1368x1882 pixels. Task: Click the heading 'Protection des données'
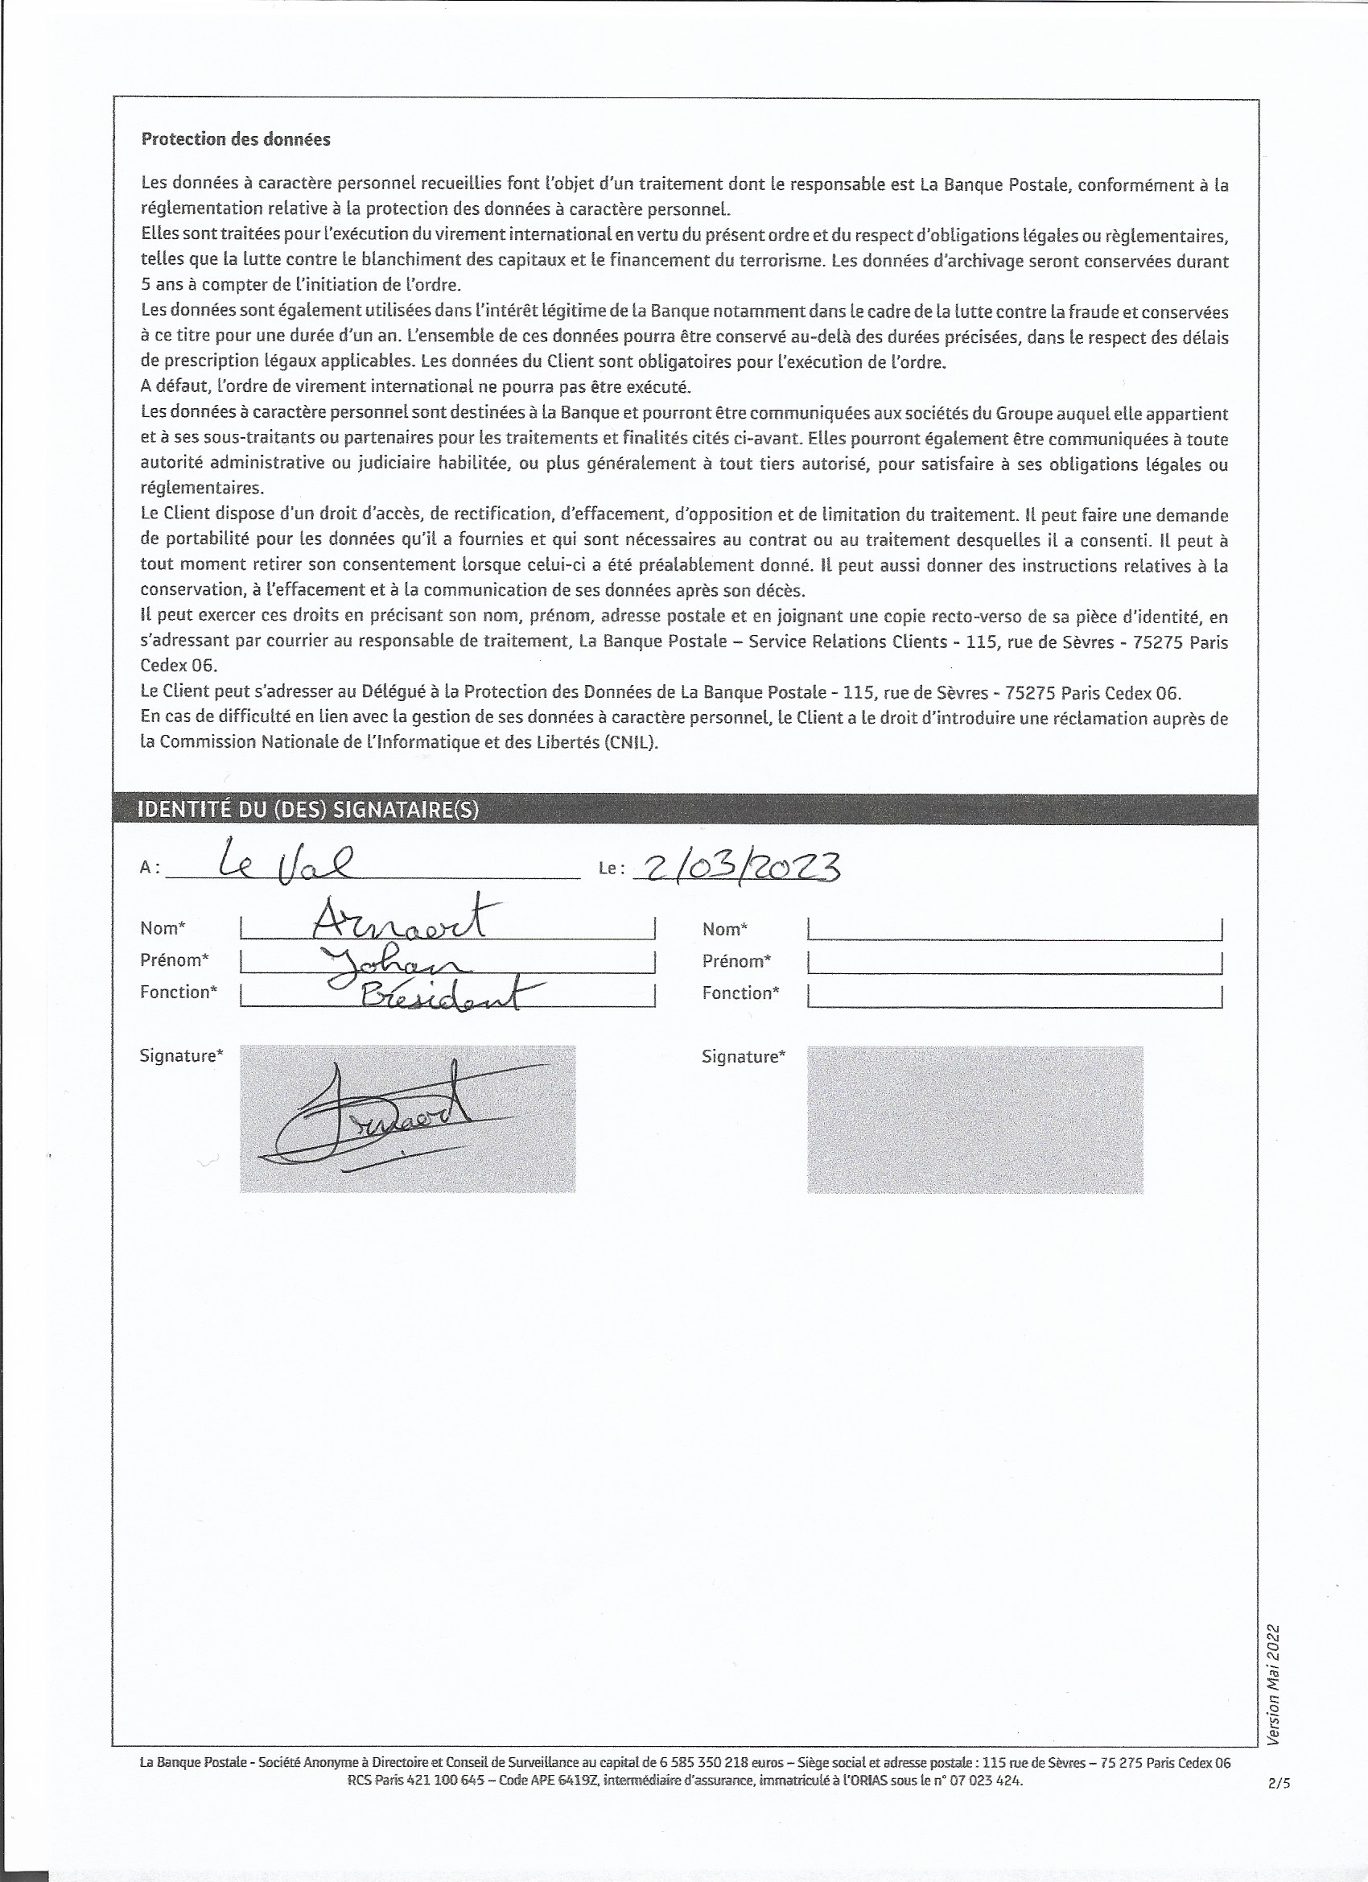(236, 139)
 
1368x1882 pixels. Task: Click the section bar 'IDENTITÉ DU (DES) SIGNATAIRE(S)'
(307, 810)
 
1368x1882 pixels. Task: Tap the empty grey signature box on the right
(974, 1120)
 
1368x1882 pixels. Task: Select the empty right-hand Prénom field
(1015, 961)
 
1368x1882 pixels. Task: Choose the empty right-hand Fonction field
(1015, 993)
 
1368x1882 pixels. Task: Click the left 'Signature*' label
(181, 1055)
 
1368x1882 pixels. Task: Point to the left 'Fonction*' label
(179, 992)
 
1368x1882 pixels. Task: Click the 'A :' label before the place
(150, 867)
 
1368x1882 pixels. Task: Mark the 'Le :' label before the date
(611, 868)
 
